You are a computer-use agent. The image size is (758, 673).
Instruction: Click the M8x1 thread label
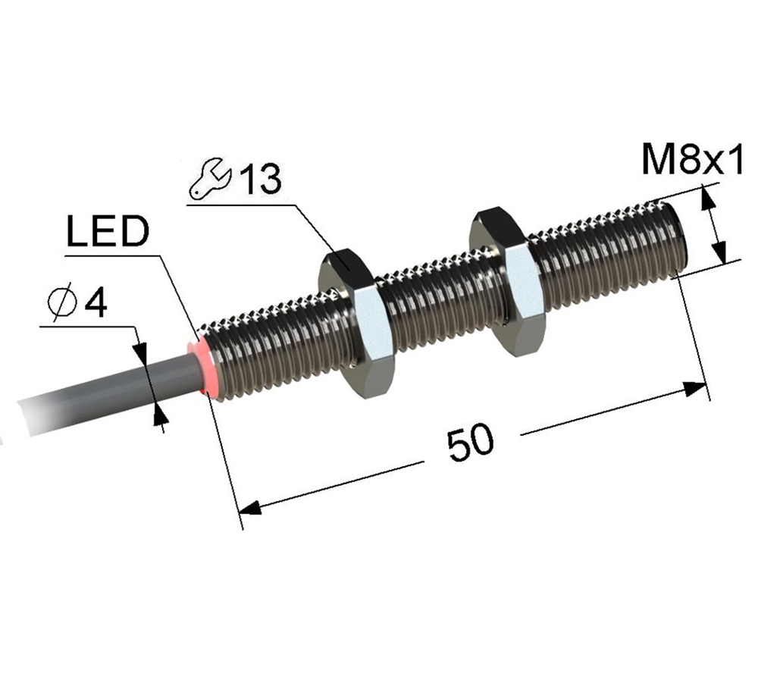pos(692,160)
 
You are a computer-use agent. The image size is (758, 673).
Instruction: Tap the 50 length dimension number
pos(471,443)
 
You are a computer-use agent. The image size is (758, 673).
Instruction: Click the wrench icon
pos(210,178)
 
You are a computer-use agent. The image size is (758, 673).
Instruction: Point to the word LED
pos(107,231)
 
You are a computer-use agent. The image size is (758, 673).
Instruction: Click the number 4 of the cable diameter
pos(96,302)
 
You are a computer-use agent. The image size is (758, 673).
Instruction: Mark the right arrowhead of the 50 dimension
pos(694,389)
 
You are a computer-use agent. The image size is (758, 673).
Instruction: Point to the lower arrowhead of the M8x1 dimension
pos(719,252)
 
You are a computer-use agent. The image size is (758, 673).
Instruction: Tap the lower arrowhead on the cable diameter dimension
pos(159,415)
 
